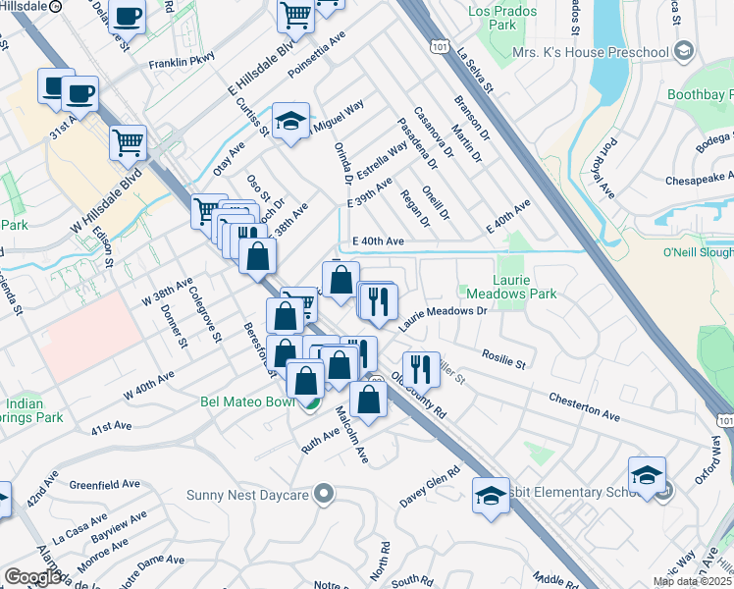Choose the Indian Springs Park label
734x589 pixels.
point(33,410)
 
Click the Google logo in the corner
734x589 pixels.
point(33,577)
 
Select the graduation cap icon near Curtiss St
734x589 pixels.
point(290,122)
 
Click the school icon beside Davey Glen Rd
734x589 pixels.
point(491,496)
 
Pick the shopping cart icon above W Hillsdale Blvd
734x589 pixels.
point(128,143)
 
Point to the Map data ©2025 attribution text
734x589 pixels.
point(693,581)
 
